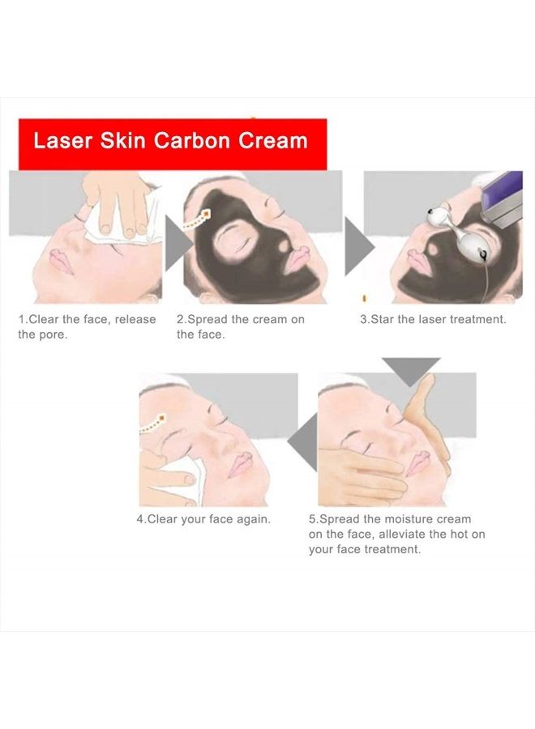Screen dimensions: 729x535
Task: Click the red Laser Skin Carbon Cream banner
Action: click(172, 143)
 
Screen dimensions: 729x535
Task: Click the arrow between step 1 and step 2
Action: click(176, 244)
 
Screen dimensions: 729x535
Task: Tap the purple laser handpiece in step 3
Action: click(503, 199)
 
